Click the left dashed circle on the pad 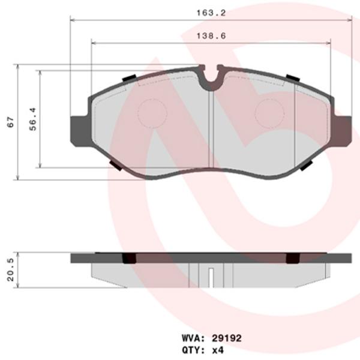pyautogui.click(x=153, y=112)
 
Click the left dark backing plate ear pyautogui.click(x=80, y=129)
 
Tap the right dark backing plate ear pyautogui.click(x=341, y=129)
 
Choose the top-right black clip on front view pyautogui.click(x=293, y=78)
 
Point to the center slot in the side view pyautogui.click(x=211, y=278)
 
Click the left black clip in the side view pyautogui.click(x=128, y=258)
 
